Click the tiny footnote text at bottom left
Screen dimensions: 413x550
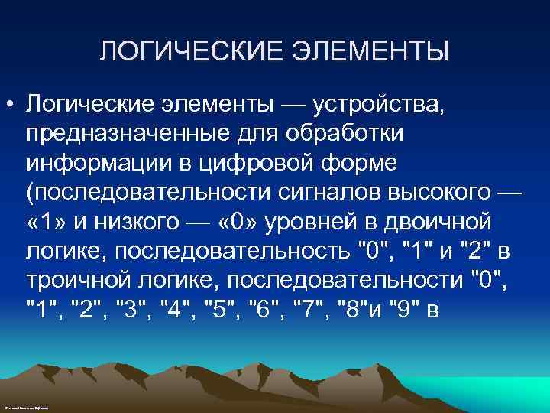pos(26,409)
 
